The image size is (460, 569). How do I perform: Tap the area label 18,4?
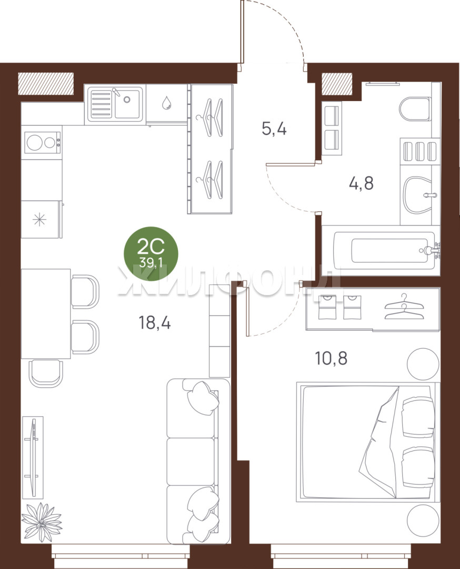coord(155,322)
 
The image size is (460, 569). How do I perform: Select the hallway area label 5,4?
coord(274,129)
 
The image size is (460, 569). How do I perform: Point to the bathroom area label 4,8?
coord(361,183)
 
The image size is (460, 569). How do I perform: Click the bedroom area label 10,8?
coord(332,358)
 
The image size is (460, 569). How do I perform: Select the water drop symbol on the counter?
coord(167,103)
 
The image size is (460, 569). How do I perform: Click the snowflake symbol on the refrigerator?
coord(39,220)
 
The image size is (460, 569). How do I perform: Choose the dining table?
coord(46,313)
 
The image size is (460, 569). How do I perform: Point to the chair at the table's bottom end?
coord(45,374)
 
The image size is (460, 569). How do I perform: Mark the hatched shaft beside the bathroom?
coord(337,84)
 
